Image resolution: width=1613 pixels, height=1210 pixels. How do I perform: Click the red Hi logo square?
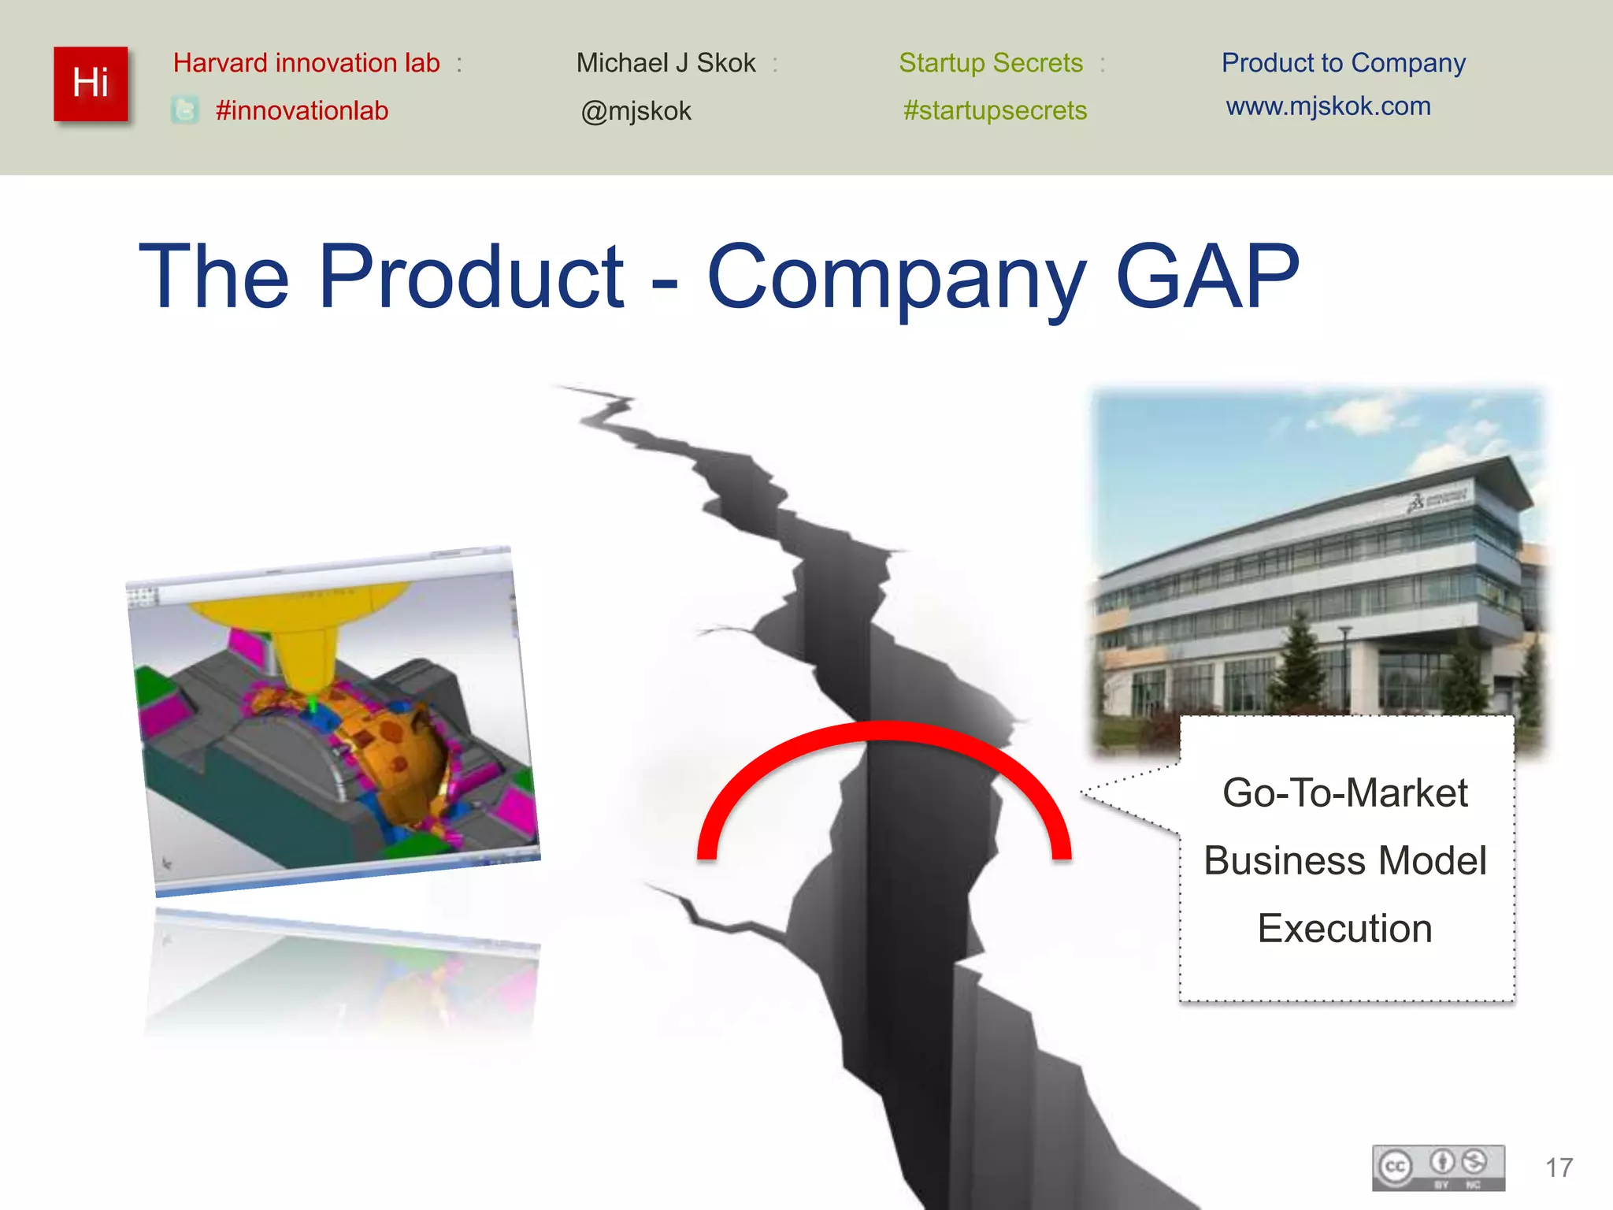[91, 84]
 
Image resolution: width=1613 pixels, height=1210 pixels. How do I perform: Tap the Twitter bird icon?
[185, 110]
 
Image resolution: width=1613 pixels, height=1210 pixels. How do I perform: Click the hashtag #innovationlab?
[302, 111]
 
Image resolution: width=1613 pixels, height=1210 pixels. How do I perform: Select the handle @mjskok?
[636, 111]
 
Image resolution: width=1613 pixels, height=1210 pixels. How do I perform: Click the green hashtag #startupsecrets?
[995, 110]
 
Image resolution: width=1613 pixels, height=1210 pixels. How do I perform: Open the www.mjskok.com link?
[1328, 106]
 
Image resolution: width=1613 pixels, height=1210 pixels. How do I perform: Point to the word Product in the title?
[471, 277]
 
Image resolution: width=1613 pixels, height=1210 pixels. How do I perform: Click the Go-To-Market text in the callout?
[1344, 792]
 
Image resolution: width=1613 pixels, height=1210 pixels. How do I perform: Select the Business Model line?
[1344, 860]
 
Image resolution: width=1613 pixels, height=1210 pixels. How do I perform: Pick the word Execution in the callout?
[1344, 928]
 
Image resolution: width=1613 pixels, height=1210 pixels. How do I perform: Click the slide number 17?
[1559, 1167]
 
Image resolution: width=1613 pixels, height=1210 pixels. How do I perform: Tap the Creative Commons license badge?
[1438, 1167]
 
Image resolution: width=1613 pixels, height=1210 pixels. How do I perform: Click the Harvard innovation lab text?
[306, 63]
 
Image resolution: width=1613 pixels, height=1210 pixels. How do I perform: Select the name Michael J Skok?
[666, 63]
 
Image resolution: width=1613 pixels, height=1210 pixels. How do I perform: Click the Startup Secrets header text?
[991, 63]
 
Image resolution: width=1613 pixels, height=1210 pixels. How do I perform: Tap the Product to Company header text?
[1343, 63]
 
